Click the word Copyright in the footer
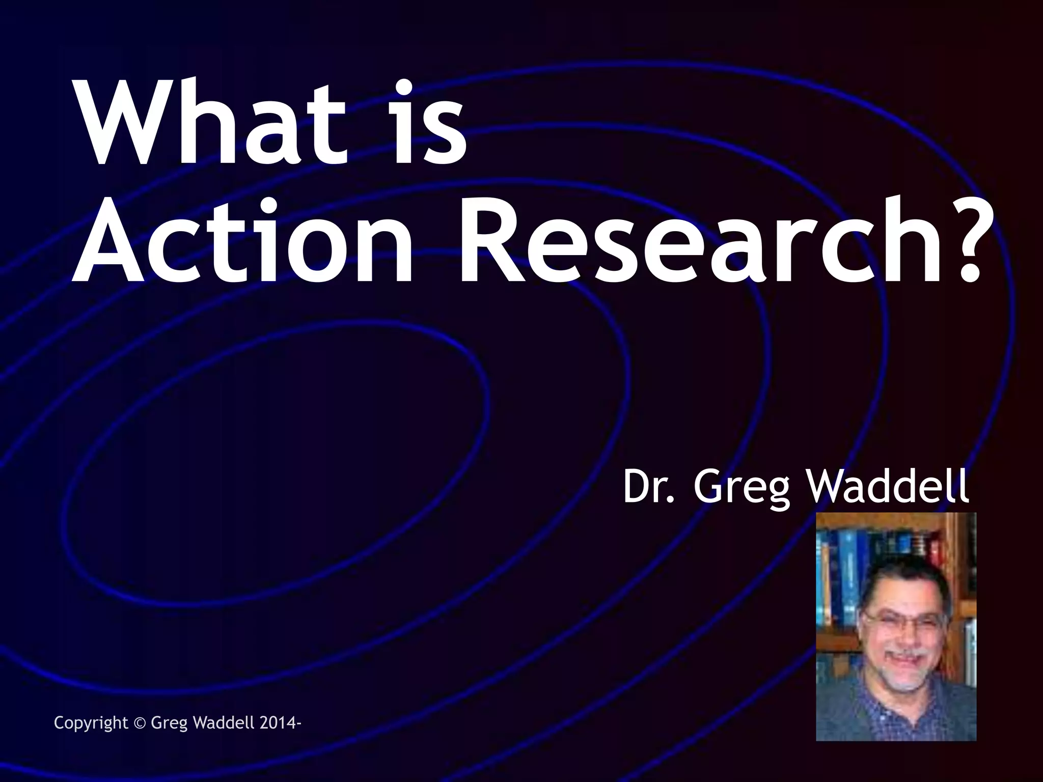tap(91, 723)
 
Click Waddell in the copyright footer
tap(225, 722)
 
